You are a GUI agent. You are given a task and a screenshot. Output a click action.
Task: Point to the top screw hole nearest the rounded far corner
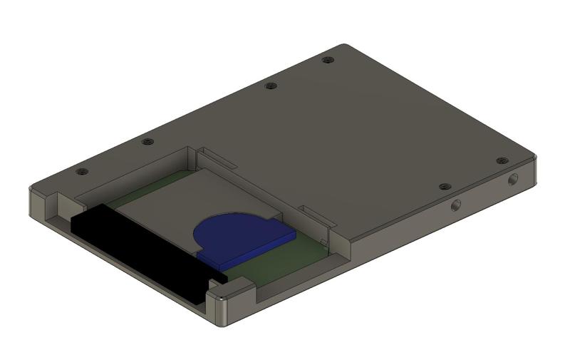pos(327,61)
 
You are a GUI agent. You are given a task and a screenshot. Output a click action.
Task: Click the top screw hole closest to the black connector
pos(81,172)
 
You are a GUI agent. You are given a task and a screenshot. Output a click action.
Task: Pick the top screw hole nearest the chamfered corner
pos(502,161)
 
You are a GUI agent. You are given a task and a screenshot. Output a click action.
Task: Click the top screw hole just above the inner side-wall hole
pos(443,187)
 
